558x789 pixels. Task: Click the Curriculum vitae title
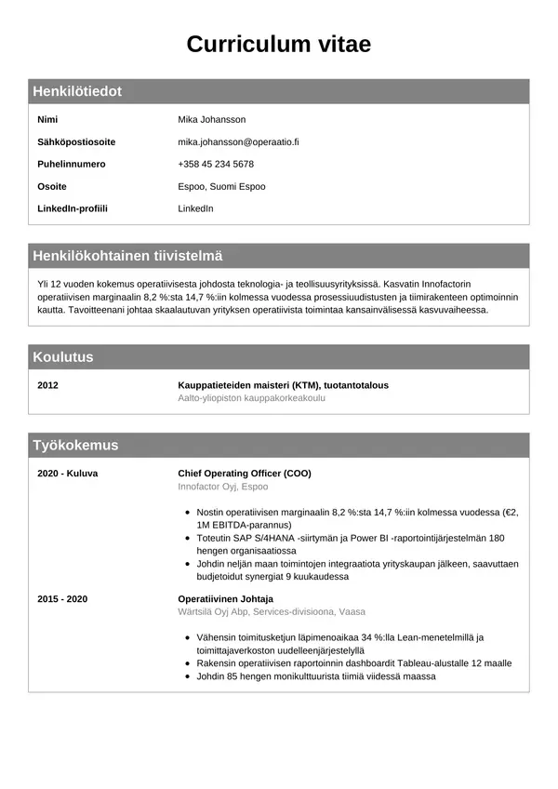[278, 44]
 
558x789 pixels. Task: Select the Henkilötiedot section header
[77, 91]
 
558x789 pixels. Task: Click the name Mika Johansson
[212, 119]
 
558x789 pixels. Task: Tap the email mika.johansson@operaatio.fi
[238, 141]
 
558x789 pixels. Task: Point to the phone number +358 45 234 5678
[216, 164]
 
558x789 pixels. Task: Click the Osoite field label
[52, 186]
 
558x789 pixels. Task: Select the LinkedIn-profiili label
[73, 208]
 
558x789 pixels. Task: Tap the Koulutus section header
[63, 356]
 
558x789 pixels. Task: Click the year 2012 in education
[48, 385]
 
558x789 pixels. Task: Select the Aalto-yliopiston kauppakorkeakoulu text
[251, 398]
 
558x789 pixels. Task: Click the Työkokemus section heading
[75, 445]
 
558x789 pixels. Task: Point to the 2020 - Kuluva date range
[67, 473]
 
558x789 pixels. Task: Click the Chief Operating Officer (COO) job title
[245, 473]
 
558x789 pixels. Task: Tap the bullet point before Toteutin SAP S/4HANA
[189, 539]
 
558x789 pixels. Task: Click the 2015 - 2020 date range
[62, 598]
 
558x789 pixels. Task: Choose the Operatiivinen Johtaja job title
[225, 598]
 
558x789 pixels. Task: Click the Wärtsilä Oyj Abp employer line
[272, 612]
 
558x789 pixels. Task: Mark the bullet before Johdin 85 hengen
[189, 676]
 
